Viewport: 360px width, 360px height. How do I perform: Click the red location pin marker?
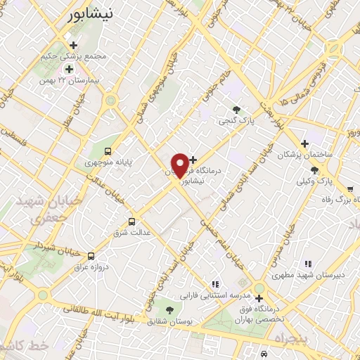180,165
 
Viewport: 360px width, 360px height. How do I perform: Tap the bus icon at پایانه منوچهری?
108,150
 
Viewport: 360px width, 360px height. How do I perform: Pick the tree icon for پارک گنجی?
237,109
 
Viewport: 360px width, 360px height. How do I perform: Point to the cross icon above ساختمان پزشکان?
304,143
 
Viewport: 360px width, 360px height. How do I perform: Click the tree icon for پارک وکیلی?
314,169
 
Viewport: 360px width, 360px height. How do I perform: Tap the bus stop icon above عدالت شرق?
131,221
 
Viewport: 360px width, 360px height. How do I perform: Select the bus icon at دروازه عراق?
91,255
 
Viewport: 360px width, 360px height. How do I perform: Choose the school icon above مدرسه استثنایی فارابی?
215,284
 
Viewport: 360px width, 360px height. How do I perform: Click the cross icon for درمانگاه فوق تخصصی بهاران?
259,298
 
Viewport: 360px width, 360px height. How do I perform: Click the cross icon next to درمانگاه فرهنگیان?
194,160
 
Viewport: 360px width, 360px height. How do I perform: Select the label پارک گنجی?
236,121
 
